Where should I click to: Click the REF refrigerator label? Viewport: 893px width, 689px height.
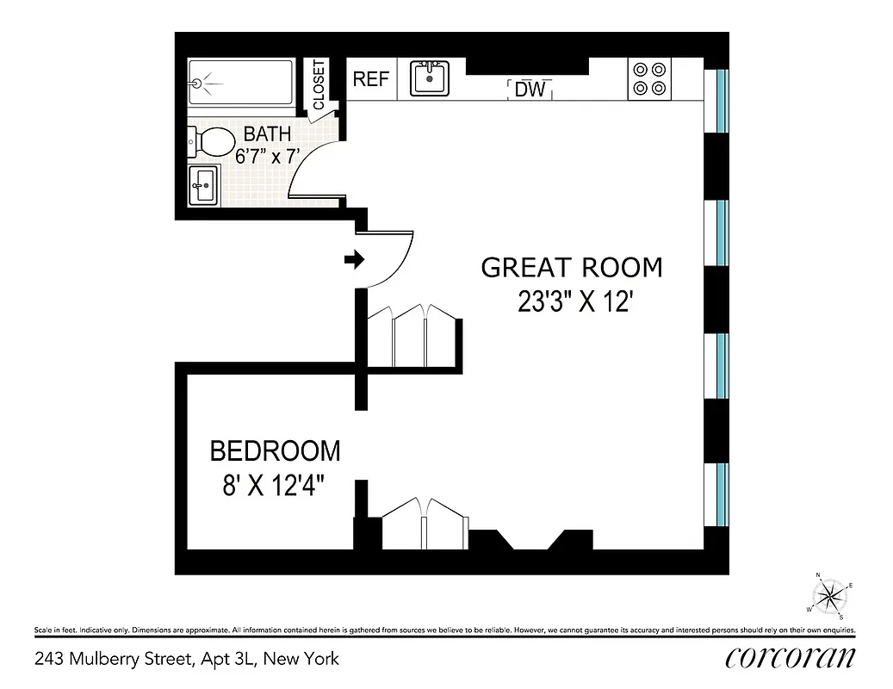(371, 79)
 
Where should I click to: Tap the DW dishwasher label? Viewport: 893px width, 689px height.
(530, 88)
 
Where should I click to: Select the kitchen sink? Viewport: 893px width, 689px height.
(428, 78)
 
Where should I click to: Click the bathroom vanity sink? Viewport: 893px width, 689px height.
(204, 183)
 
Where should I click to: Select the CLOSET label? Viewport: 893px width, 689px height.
(319, 84)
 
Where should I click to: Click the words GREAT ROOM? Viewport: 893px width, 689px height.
(572, 267)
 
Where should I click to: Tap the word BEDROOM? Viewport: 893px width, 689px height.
(275, 450)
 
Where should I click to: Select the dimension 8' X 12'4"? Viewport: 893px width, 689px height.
(275, 486)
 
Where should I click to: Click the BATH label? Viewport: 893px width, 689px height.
(267, 134)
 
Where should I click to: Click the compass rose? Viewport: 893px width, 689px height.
(830, 594)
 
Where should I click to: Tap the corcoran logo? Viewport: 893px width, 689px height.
(791, 658)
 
